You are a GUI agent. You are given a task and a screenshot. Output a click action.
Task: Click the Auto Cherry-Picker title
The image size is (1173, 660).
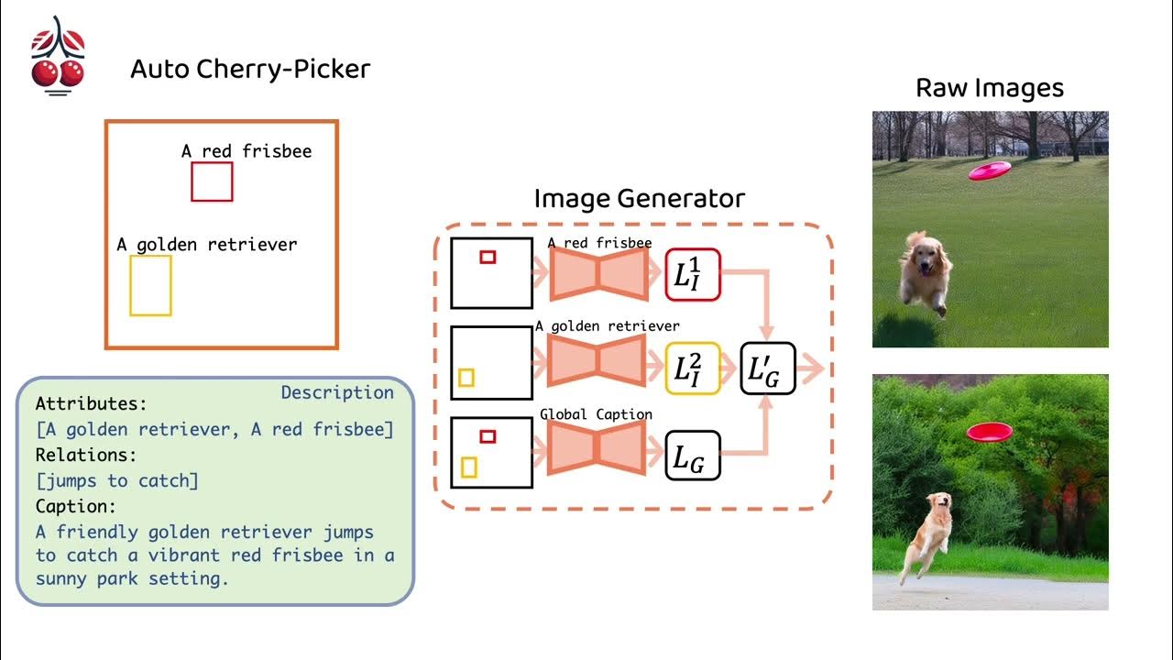click(x=250, y=69)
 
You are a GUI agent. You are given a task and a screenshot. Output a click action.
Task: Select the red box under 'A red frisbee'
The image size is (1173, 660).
click(x=212, y=181)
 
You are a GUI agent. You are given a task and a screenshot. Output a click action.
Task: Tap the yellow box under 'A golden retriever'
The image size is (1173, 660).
click(x=150, y=285)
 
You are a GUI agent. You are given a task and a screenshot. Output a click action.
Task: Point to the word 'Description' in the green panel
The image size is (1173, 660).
click(x=337, y=392)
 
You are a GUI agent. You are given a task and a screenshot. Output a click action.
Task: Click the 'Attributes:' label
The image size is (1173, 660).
click(x=91, y=403)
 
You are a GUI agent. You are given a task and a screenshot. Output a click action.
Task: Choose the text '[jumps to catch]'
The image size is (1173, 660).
click(x=116, y=479)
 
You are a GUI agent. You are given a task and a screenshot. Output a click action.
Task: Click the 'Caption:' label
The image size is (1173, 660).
click(x=76, y=505)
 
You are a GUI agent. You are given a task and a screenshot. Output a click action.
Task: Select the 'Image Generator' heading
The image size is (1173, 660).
click(x=639, y=198)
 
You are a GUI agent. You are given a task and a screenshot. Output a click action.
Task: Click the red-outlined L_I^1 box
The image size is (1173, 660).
click(x=693, y=274)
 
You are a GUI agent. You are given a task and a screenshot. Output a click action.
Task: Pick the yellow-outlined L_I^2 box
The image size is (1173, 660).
click(x=693, y=368)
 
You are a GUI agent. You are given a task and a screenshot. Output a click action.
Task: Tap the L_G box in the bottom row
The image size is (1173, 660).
click(x=693, y=456)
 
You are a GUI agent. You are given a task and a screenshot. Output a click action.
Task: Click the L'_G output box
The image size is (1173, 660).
click(x=768, y=368)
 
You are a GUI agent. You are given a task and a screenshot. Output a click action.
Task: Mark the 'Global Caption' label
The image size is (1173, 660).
click(x=596, y=414)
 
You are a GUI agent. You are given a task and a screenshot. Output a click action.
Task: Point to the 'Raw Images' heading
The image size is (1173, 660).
click(x=990, y=88)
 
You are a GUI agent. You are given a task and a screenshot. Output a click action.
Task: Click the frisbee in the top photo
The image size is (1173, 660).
click(x=990, y=170)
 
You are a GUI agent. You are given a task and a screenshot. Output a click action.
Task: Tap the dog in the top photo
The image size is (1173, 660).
click(x=926, y=269)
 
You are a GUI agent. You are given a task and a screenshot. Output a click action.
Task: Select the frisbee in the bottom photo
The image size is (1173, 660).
click(x=988, y=432)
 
